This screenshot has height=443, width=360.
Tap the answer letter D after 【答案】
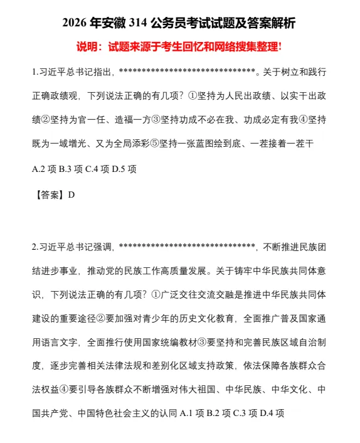pyautogui.click(x=71, y=195)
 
